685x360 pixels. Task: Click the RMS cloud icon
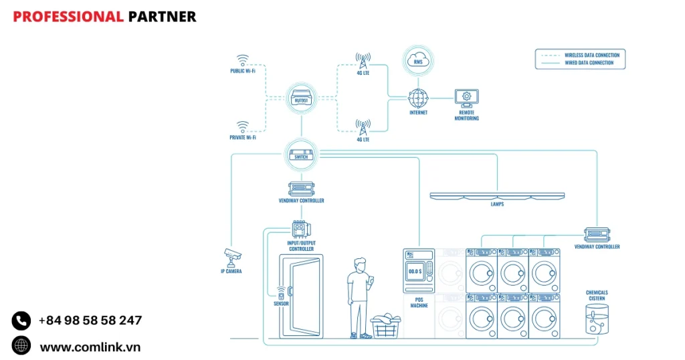(x=418, y=61)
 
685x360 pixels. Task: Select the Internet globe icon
(x=418, y=98)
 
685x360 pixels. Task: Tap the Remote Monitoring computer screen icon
(x=466, y=97)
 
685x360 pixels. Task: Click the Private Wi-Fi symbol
(x=242, y=126)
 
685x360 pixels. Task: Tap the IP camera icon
(x=232, y=255)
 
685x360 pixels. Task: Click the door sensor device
(x=282, y=293)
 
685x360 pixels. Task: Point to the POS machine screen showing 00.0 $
(x=414, y=272)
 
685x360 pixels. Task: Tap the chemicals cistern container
(x=597, y=319)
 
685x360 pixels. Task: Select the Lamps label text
(x=497, y=204)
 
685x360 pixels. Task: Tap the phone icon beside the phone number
(x=21, y=321)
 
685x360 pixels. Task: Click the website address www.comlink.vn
(x=90, y=347)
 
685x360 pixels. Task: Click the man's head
(x=359, y=264)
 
